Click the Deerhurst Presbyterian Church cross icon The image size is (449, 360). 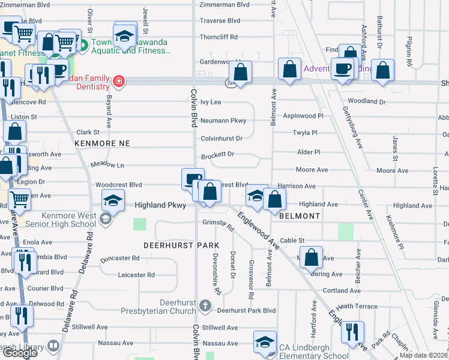coord(205,306)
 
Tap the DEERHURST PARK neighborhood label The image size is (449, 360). coord(178,246)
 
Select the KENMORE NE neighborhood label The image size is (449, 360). coord(102,144)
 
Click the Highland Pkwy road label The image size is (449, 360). coord(158,205)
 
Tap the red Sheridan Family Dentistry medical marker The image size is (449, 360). coord(119,81)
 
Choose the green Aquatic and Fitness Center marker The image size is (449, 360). coord(84,44)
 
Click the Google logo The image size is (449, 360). coord(20,353)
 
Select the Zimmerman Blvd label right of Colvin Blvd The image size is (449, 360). coord(224,4)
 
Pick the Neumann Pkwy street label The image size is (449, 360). coord(223,121)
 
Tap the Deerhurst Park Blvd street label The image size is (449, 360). coord(246,311)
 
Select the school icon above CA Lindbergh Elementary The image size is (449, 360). coord(264,341)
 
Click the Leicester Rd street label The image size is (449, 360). coord(136,275)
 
